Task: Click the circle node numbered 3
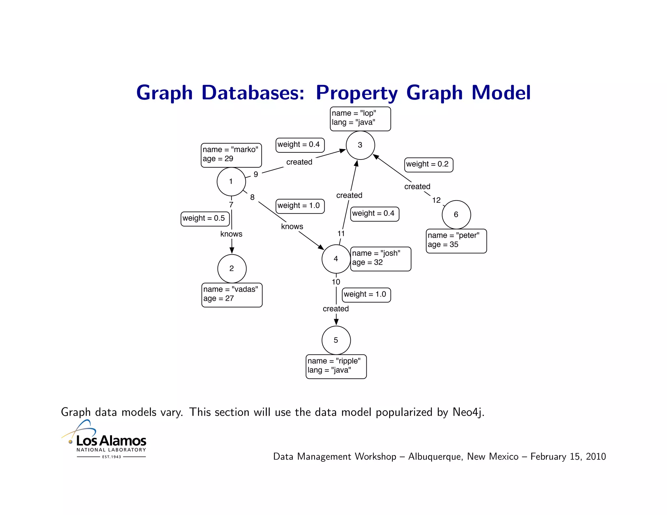click(360, 145)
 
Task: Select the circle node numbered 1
click(231, 182)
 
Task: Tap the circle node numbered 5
click(336, 340)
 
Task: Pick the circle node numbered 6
click(456, 215)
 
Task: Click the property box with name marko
click(231, 155)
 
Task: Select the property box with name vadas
click(232, 295)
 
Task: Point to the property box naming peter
click(456, 241)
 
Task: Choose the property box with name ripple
click(336, 366)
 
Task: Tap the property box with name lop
click(360, 118)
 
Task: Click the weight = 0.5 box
click(205, 218)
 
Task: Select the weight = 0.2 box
click(429, 164)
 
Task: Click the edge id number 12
click(436, 200)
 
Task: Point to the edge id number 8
click(252, 197)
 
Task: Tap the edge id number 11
click(341, 233)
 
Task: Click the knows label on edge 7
click(231, 234)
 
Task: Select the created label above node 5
click(335, 309)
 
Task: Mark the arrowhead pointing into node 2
click(232, 250)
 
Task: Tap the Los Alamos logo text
click(111, 441)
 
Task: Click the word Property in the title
click(357, 93)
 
